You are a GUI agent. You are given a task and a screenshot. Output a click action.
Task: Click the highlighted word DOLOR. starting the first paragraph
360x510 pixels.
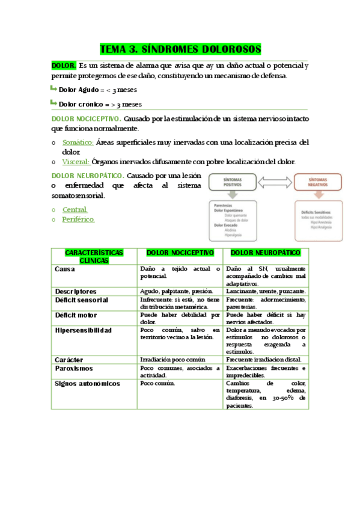pos(64,66)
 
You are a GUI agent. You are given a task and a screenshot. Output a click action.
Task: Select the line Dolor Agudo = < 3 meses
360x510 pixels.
pos(97,90)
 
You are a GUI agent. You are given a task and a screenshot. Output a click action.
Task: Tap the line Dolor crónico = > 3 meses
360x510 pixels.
pos(100,104)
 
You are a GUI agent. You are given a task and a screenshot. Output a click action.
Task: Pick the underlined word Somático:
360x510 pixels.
pos(78,143)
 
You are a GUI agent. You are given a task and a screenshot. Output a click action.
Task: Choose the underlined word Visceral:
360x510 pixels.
pos(76,161)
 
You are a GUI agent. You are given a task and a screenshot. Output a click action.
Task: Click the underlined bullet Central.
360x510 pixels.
pos(75,209)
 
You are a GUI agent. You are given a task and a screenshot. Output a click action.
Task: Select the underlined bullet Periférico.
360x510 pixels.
pos(78,220)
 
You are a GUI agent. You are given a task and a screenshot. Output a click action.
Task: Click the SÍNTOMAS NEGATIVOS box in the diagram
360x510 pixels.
pos(318,182)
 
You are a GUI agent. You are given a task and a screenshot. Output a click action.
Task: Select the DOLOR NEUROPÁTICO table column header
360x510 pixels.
pos(265,253)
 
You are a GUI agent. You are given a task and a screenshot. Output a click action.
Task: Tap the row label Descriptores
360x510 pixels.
pos(76,291)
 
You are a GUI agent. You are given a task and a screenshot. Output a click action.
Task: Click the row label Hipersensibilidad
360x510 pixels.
pos(84,330)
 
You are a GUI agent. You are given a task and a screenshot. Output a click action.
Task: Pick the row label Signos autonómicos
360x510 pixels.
pos(87,383)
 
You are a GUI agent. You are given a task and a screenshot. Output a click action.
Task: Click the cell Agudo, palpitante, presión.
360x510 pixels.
pos(177,291)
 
